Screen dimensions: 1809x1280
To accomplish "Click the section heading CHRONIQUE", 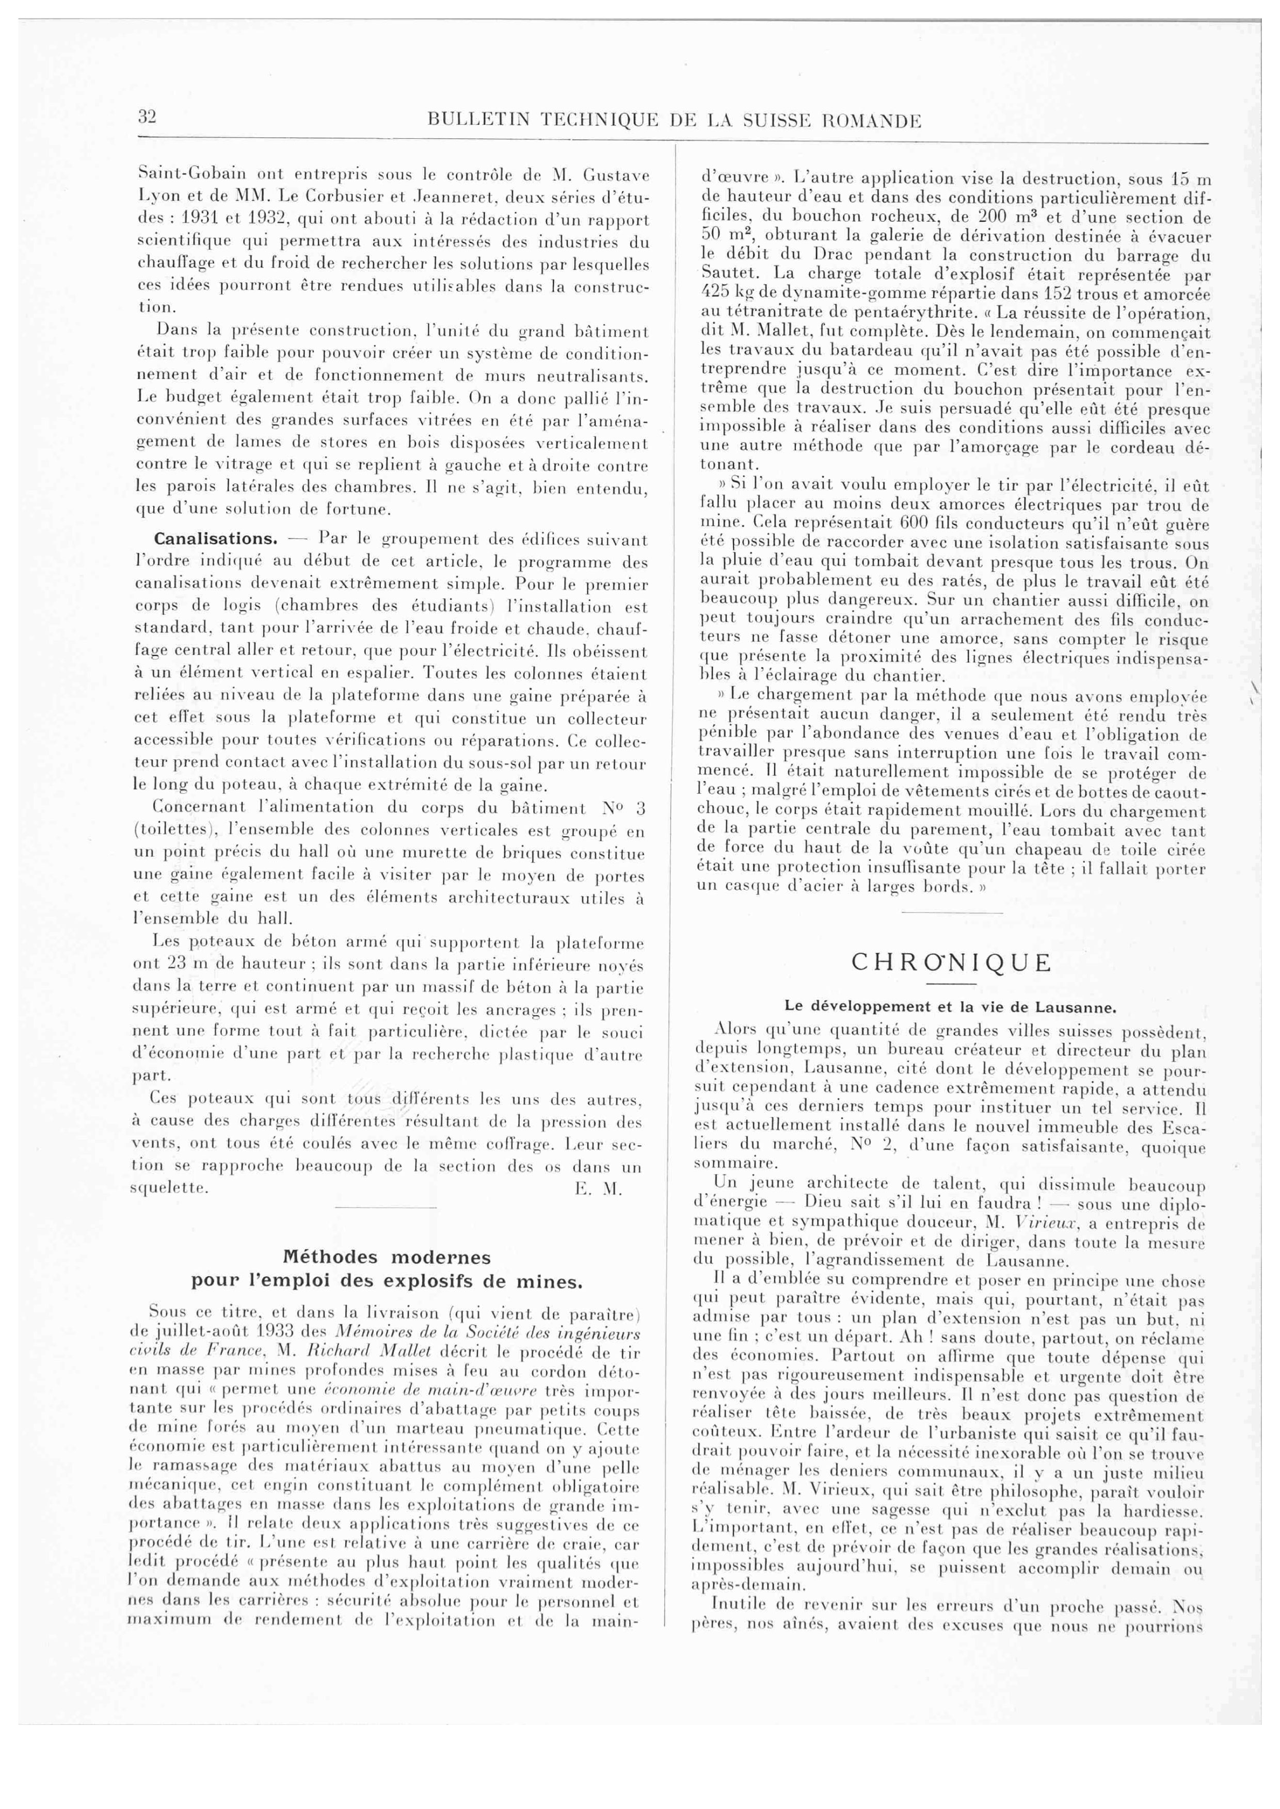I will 951,963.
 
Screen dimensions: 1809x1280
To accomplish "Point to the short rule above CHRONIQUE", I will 951,913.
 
